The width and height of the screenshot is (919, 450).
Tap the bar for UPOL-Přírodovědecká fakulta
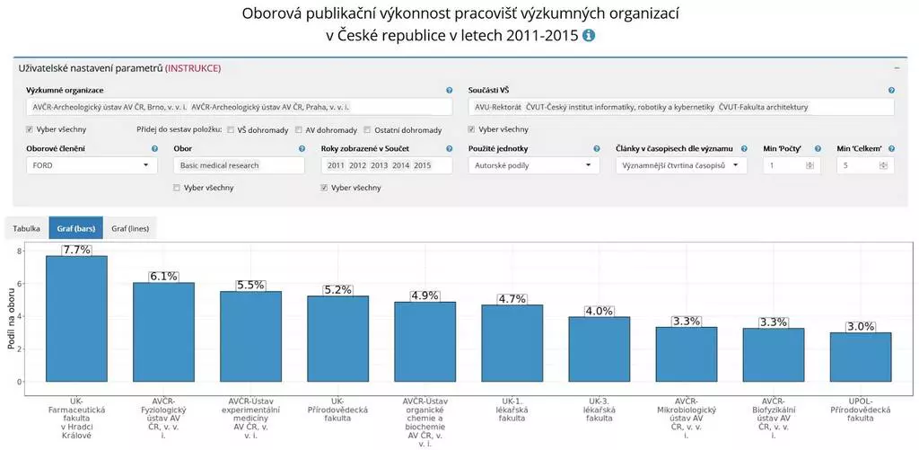click(x=860, y=357)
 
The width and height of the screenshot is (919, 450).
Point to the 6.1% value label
click(x=163, y=277)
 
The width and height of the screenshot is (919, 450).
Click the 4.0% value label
click(x=599, y=311)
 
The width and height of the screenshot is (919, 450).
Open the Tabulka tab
click(x=26, y=229)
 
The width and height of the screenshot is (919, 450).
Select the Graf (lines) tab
click(x=129, y=229)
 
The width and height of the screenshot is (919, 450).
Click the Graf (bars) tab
click(x=75, y=229)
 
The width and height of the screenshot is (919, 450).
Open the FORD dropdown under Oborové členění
click(x=90, y=165)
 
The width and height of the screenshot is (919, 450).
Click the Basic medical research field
click(x=239, y=165)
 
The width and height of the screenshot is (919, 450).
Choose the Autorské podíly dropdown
click(x=533, y=165)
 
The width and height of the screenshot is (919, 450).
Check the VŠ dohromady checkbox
click(x=232, y=129)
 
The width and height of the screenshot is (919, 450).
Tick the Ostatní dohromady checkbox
click(x=368, y=129)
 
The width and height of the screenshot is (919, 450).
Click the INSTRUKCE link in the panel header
click(x=193, y=68)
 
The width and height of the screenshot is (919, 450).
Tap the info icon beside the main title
click(x=589, y=36)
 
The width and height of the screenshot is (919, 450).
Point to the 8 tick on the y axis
click(x=20, y=251)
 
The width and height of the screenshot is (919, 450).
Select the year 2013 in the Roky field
click(x=379, y=165)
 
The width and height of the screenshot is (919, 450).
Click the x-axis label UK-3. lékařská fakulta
click(x=599, y=410)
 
